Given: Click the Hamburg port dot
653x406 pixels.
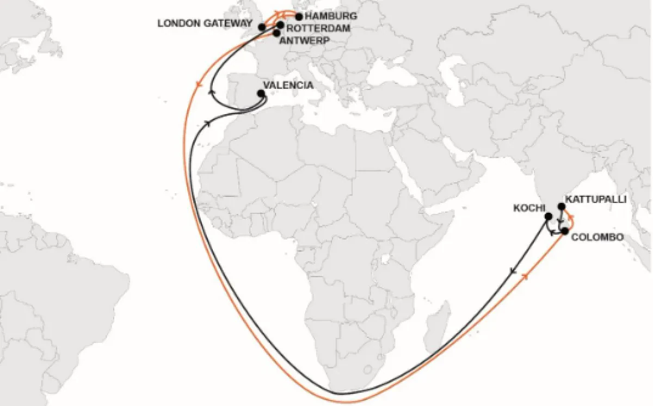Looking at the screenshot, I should click(299, 16).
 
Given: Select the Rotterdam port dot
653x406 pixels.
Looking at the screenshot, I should click(280, 24).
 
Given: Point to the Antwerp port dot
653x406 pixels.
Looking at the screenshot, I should click(276, 33).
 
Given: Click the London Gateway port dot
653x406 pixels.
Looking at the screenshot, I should click(262, 27).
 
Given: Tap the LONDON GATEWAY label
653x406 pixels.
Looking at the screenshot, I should click(205, 24).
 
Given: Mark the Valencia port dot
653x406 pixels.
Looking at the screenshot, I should click(261, 94).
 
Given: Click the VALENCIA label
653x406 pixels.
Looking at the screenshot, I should click(288, 85).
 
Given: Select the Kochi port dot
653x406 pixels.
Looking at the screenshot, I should click(548, 217).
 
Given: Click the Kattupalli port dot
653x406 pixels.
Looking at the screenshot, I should click(562, 206).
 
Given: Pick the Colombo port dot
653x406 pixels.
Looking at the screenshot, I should click(565, 231).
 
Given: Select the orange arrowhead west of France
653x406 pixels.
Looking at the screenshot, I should click(197, 84).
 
